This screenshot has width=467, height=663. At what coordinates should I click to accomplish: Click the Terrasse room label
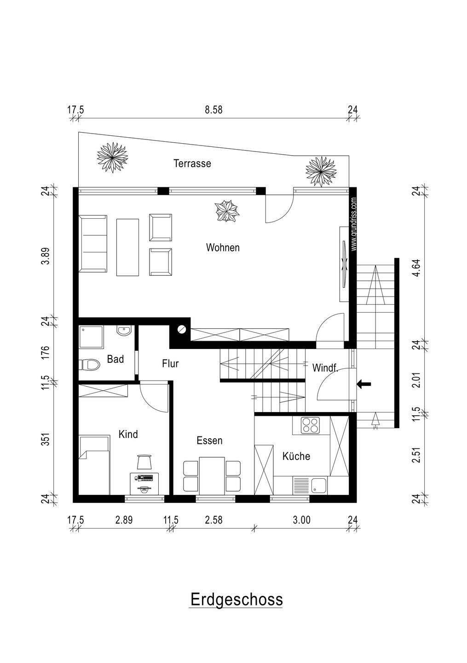[192, 163]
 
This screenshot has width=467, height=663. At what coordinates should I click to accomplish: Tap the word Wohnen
[223, 247]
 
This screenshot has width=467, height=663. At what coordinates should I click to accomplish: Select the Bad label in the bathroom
[115, 359]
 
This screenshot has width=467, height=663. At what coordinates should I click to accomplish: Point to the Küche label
[296, 456]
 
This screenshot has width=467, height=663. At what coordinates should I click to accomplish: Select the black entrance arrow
[363, 384]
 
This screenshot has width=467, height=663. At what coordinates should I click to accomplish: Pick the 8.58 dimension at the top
[213, 110]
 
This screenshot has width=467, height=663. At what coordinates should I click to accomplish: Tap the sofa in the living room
[93, 244]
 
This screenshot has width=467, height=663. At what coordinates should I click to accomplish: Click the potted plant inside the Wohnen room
[226, 210]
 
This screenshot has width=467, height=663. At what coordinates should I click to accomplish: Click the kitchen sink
[310, 486]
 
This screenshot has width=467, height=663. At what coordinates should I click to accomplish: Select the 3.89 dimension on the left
[45, 256]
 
